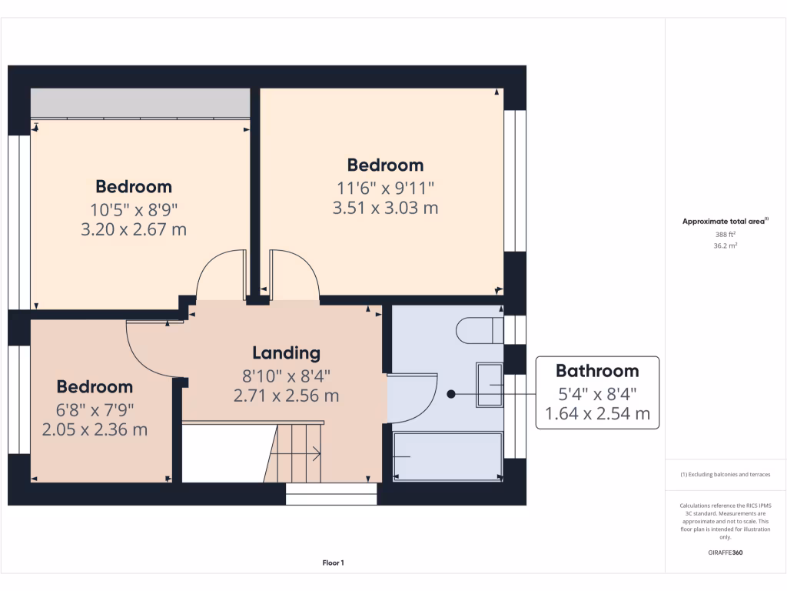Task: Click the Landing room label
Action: pos(286,353)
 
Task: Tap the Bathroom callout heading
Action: pos(597,371)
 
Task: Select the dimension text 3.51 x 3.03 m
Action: pos(385,208)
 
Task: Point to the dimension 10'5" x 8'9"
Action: pos(134,209)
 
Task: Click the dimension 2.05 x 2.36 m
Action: pos(95,429)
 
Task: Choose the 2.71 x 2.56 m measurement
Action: pos(286,396)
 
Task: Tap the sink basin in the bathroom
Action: pos(489,384)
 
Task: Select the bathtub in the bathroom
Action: pos(447,456)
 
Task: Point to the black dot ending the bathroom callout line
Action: pos(451,394)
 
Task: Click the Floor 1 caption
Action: pos(333,563)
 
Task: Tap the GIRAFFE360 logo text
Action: pos(726,553)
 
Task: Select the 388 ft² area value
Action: pos(726,235)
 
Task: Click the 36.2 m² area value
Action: pos(726,246)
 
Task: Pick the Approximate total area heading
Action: pos(725,222)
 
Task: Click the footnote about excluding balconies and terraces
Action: pos(726,475)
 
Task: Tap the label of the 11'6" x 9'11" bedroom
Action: pos(385,165)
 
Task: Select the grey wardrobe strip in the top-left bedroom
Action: pos(140,103)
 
